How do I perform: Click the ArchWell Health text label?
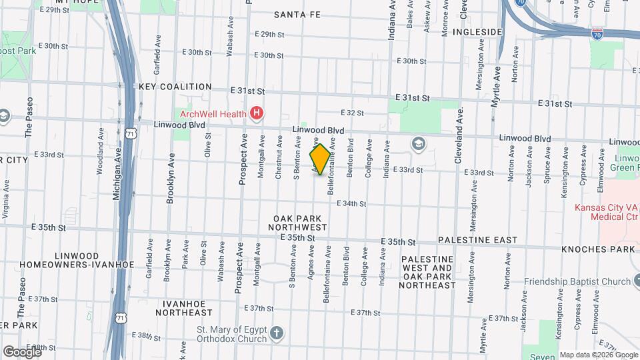(211, 113)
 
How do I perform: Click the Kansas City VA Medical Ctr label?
(607, 212)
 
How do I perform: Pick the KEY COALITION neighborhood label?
(175, 87)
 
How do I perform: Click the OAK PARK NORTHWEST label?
(298, 223)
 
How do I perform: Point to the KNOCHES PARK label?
(598, 249)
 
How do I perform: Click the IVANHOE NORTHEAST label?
(183, 307)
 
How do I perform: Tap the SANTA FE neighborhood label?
(298, 14)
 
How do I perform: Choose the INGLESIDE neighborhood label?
(477, 31)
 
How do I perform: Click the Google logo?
(22, 351)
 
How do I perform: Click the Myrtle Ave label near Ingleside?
(495, 83)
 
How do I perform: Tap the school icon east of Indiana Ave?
(418, 143)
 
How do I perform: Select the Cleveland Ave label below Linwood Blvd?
(459, 137)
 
